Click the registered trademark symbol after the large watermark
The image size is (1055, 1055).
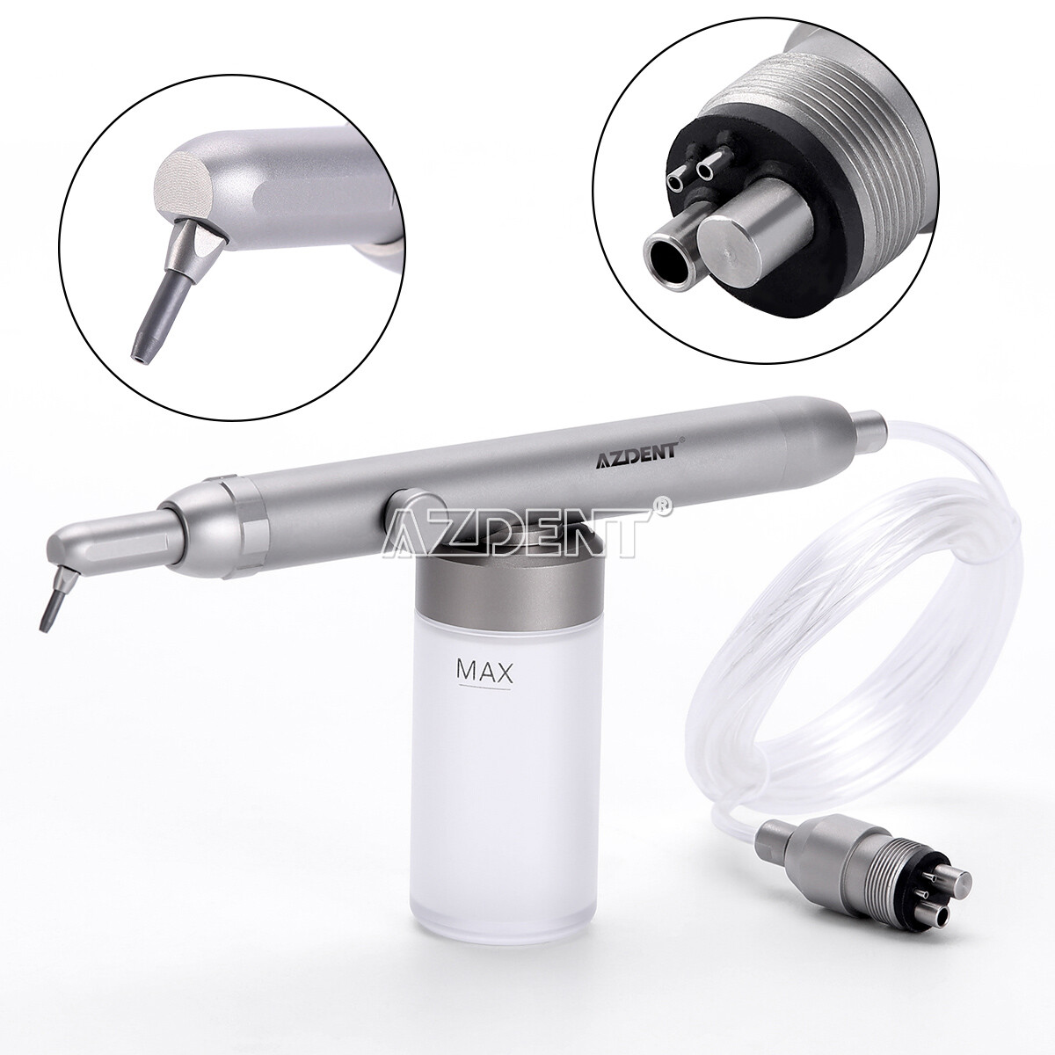point(666,506)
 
